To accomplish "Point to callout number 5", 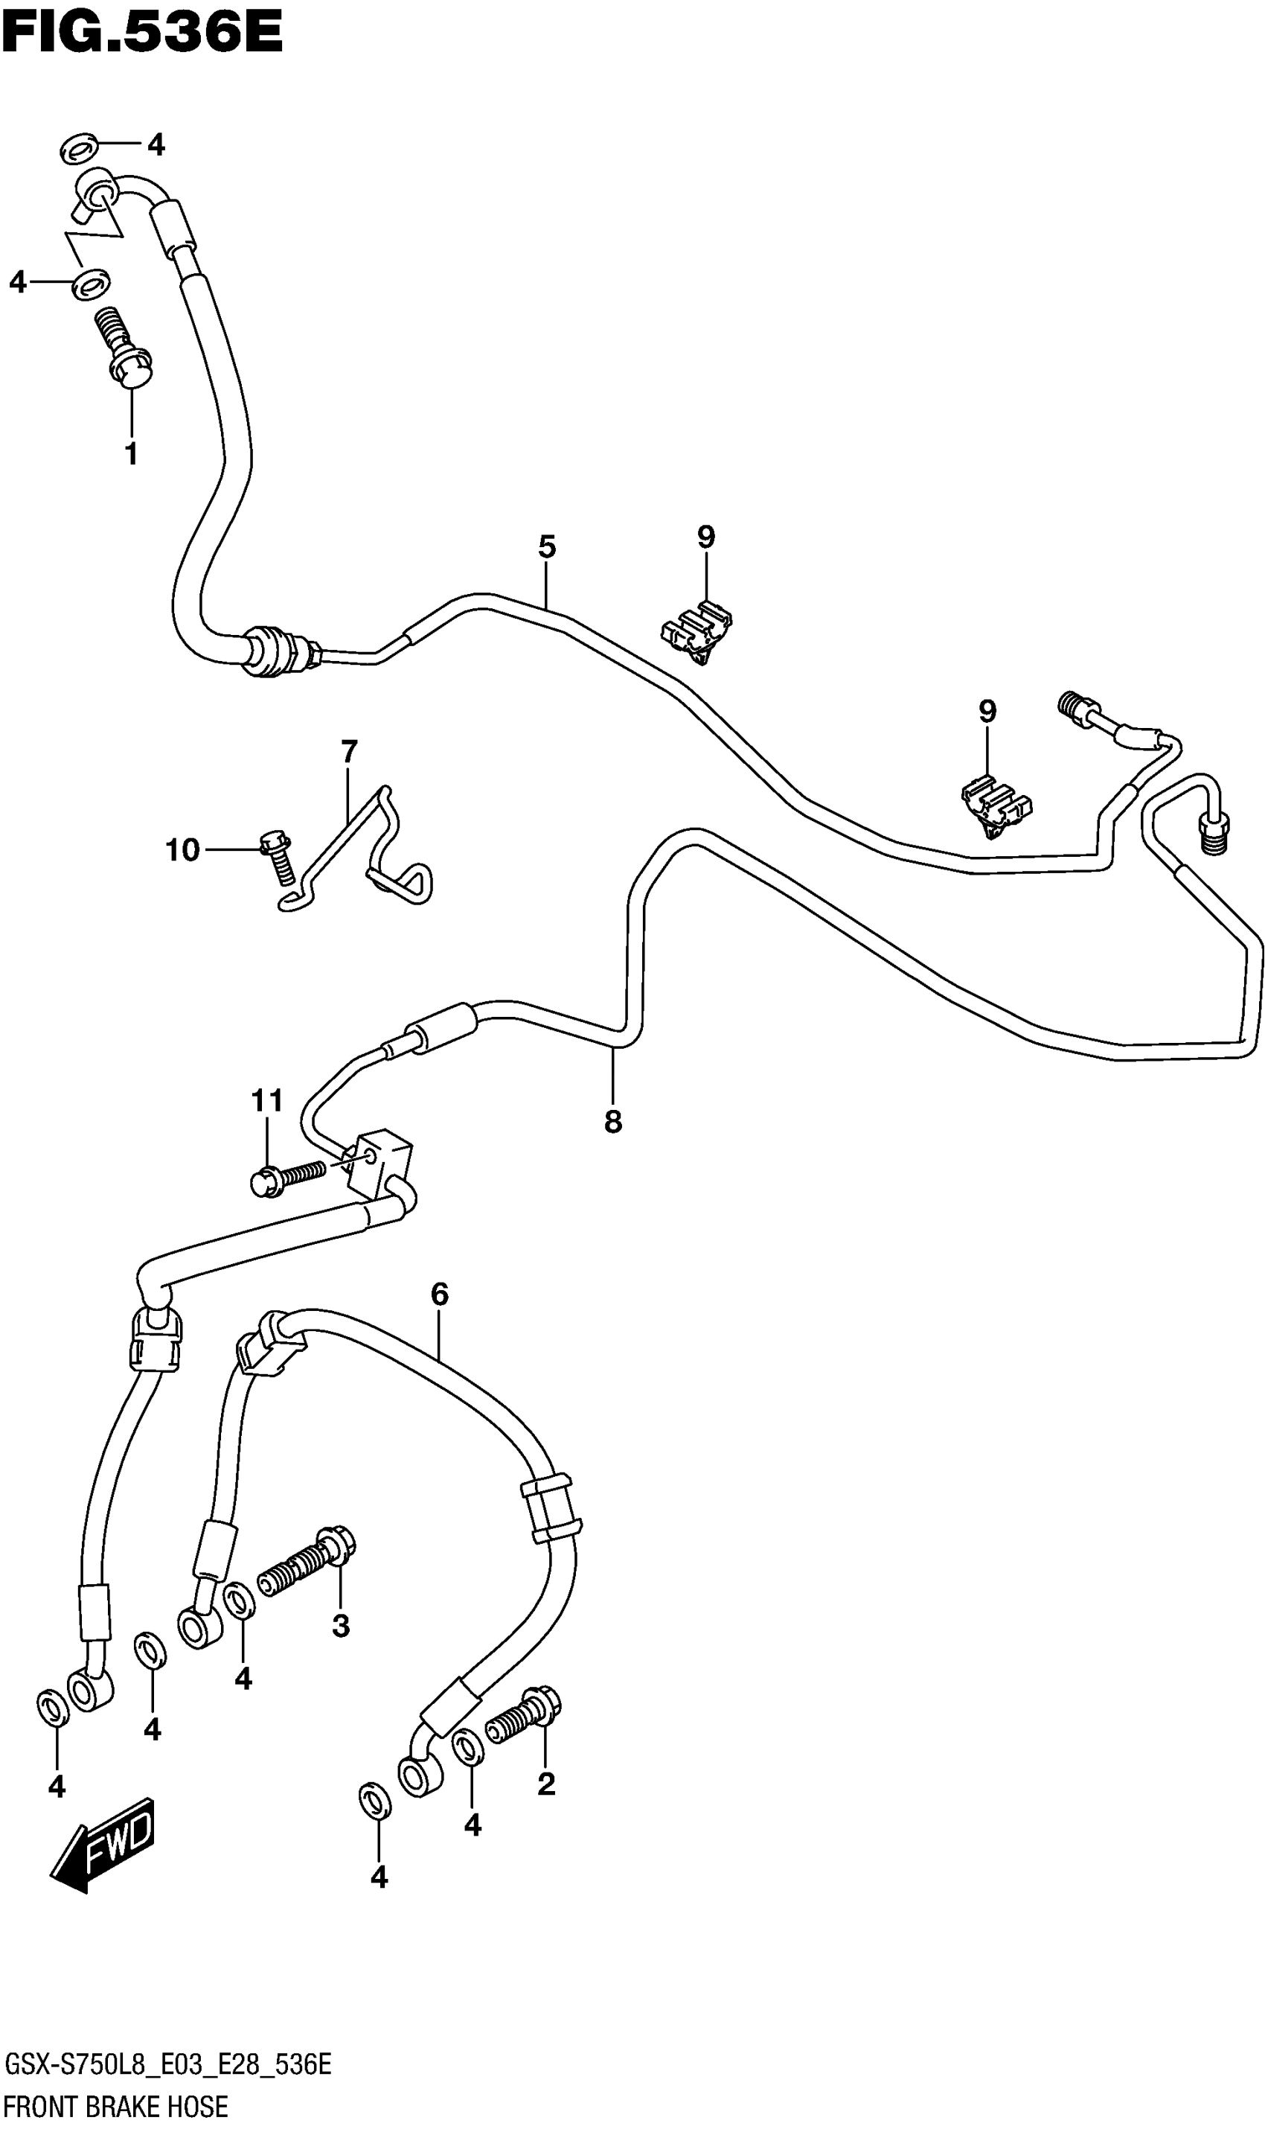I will pyautogui.click(x=546, y=546).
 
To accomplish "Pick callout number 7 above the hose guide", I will pyautogui.click(x=349, y=752).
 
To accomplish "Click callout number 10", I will pyautogui.click(x=182, y=850).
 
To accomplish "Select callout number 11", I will pyautogui.click(x=267, y=1101).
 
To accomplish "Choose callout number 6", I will pyautogui.click(x=439, y=1295).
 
